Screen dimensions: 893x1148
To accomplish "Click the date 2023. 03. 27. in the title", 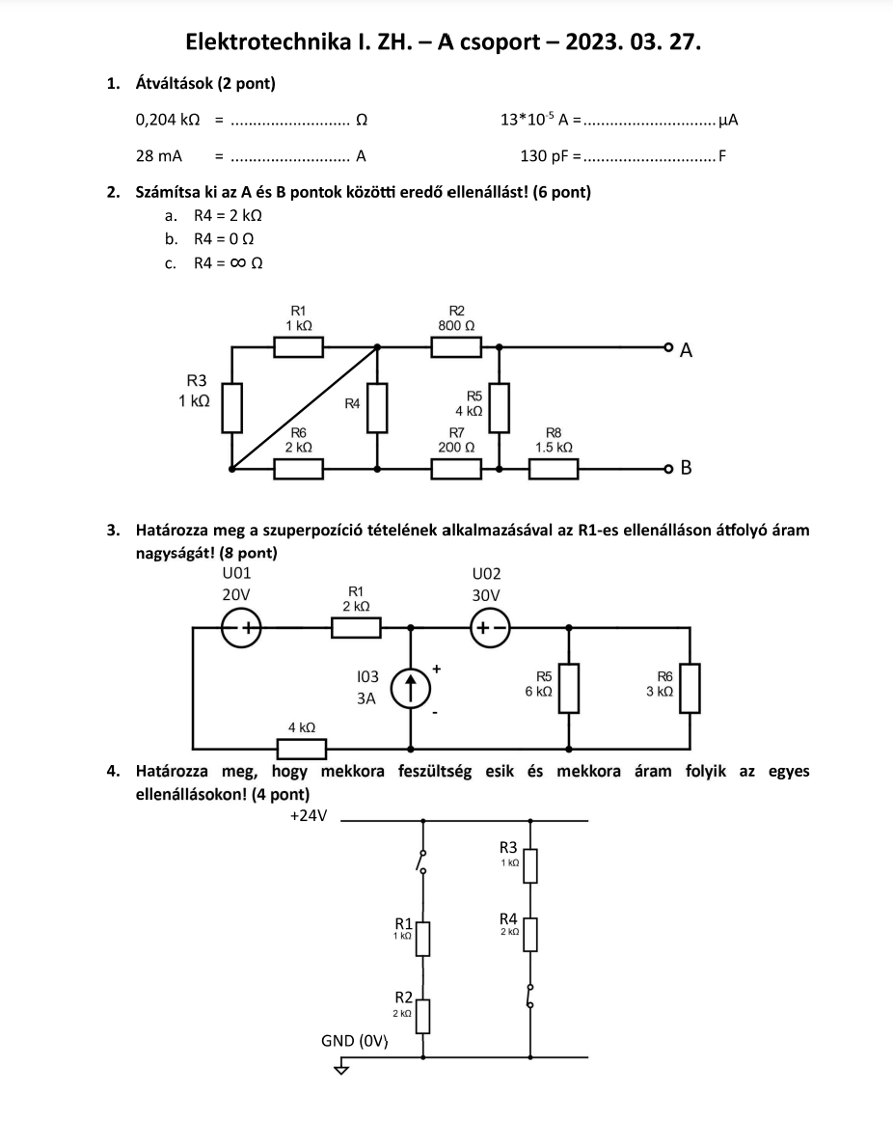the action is click(x=633, y=41).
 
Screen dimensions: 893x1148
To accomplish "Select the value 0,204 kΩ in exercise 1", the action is click(x=168, y=120).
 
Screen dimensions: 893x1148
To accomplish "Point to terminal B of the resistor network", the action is click(x=667, y=468).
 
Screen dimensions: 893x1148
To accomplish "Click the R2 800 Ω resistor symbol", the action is click(x=456, y=346).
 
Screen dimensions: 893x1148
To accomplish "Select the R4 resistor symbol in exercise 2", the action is click(x=377, y=407).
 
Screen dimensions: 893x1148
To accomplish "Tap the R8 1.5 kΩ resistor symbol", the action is click(x=554, y=469).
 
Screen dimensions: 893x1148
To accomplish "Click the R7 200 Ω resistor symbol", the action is click(x=456, y=469).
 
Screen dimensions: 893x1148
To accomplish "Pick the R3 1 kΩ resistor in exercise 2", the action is click(x=232, y=407).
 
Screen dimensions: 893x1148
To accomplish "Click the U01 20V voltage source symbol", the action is click(x=241, y=627).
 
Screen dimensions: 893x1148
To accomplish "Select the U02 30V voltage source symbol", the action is click(x=490, y=627).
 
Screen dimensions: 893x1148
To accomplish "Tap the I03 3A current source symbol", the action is click(x=411, y=689).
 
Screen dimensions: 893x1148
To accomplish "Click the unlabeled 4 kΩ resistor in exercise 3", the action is click(x=302, y=749).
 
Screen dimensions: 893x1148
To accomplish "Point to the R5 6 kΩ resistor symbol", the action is click(x=570, y=688).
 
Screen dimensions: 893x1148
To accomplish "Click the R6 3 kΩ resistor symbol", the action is click(x=690, y=688).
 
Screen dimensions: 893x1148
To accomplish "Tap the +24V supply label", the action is click(x=309, y=815).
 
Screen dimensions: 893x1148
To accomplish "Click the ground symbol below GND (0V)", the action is click(x=341, y=1068).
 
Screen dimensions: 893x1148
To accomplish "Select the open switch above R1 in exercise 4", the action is click(x=422, y=861).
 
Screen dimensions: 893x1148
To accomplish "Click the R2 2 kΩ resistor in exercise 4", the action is click(x=422, y=1016).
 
